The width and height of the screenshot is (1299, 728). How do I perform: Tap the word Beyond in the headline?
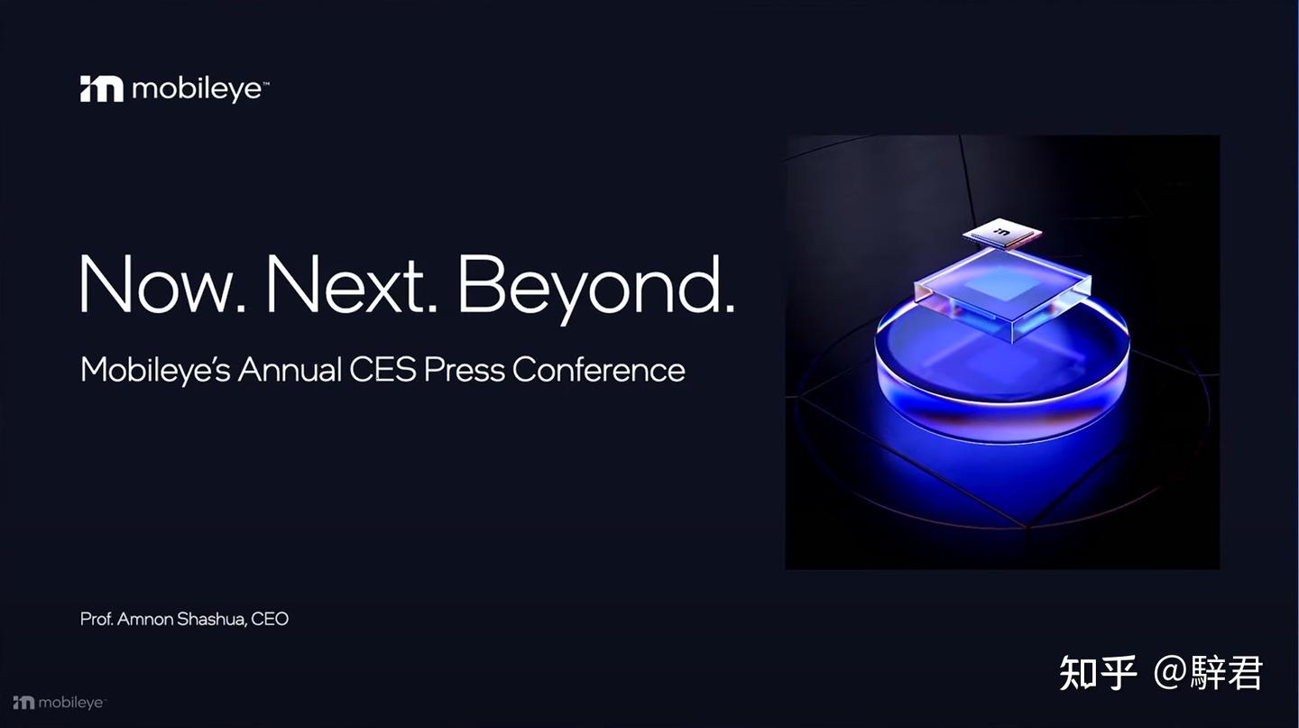click(x=595, y=285)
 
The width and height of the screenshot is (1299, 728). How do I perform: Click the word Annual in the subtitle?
click(x=290, y=370)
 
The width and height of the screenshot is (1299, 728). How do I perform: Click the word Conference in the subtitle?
click(x=598, y=370)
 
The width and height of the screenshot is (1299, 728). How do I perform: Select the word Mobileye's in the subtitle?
click(x=155, y=370)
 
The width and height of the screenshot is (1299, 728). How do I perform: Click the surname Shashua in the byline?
click(x=210, y=620)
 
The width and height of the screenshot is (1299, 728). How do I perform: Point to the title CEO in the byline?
click(x=270, y=620)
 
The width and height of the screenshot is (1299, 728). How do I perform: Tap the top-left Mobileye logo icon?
click(x=101, y=88)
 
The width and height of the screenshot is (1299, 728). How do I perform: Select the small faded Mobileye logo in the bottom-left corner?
click(x=58, y=703)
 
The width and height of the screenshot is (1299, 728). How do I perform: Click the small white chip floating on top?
click(x=1001, y=235)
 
